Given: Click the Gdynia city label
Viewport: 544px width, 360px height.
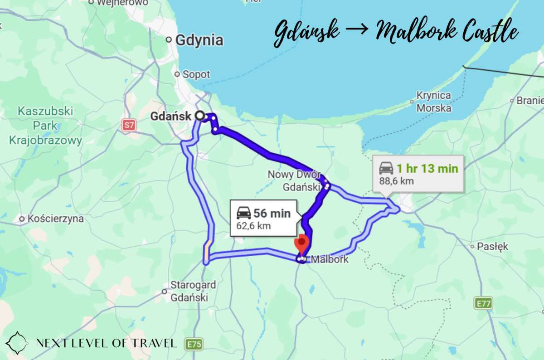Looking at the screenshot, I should coord(199,40).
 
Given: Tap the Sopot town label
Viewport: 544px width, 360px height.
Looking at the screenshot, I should coord(196,74).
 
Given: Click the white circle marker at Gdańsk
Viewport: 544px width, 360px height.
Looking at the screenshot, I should coord(199,116).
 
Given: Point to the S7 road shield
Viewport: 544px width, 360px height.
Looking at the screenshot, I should coord(129,125).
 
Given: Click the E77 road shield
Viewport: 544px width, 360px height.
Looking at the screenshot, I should coord(483,303).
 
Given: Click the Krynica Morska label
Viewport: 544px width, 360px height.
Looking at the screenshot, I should coord(434,102).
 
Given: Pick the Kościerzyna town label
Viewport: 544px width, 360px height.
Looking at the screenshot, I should coord(56,219).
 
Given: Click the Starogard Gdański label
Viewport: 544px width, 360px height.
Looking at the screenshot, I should coord(193,292).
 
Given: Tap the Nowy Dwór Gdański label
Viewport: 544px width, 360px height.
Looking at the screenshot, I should coord(294,180).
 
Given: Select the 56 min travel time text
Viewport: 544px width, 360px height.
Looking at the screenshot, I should coord(272,213).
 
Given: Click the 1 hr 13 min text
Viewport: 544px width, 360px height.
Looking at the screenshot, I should coord(427,169).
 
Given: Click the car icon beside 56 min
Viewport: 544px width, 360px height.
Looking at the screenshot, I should coord(243,212).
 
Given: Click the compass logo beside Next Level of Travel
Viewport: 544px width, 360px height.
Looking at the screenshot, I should coord(17,343).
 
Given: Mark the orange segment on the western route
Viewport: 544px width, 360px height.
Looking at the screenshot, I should coord(207,252).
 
